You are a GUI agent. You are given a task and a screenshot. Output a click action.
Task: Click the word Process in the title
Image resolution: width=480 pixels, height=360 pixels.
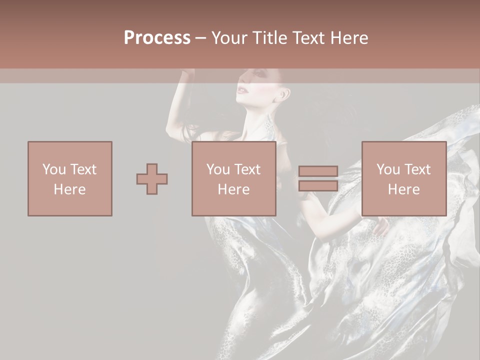[x=157, y=38]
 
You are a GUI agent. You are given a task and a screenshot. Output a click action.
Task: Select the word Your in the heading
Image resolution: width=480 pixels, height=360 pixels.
[x=230, y=38]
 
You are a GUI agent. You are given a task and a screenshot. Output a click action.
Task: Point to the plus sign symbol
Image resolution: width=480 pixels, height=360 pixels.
[x=152, y=179]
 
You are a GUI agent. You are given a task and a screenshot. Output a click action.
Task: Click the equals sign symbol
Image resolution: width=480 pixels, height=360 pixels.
[x=318, y=179]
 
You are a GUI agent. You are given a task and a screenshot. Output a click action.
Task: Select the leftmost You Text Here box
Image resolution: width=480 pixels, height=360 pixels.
[x=70, y=179]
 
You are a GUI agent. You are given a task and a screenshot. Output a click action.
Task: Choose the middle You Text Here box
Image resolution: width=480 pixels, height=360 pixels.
[x=234, y=179]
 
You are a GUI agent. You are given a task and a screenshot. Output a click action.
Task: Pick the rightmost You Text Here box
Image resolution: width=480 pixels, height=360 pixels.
[x=404, y=179]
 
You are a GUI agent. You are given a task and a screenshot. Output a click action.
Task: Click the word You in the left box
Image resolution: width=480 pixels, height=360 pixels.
[x=54, y=169]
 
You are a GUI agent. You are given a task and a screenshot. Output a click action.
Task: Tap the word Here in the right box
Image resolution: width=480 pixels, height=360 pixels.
[x=404, y=189]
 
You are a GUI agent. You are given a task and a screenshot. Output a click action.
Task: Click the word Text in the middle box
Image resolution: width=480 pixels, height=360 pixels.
[x=248, y=169]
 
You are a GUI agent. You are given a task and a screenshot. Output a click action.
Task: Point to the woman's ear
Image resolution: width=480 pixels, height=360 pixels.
[x=284, y=93]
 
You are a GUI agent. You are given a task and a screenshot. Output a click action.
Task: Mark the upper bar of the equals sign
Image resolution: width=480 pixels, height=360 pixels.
[x=318, y=171]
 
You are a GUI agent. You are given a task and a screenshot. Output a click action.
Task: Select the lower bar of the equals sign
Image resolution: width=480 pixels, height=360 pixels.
[x=318, y=186]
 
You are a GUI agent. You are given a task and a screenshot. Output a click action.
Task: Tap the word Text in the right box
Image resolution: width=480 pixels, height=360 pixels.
[x=418, y=169]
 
